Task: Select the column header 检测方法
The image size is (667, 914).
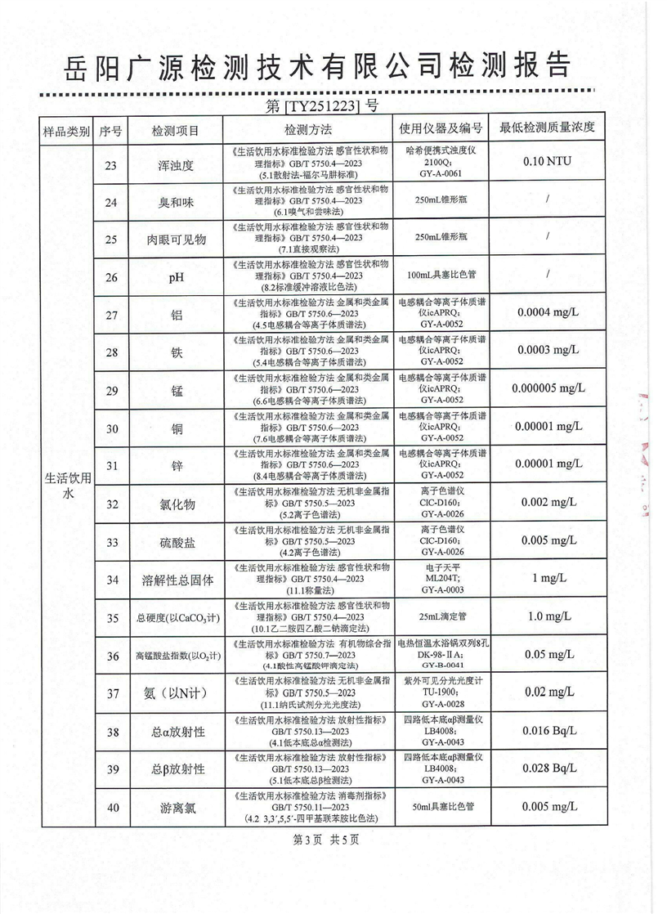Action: (307, 129)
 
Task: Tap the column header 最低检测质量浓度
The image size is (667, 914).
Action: (547, 128)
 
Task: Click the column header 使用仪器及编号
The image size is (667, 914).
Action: (441, 129)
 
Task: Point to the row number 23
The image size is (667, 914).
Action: (111, 165)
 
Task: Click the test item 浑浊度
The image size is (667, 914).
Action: (175, 165)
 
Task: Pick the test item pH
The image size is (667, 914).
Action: (175, 277)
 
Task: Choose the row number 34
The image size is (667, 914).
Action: (111, 580)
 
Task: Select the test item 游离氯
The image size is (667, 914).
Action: (175, 809)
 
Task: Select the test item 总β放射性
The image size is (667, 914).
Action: (175, 769)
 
